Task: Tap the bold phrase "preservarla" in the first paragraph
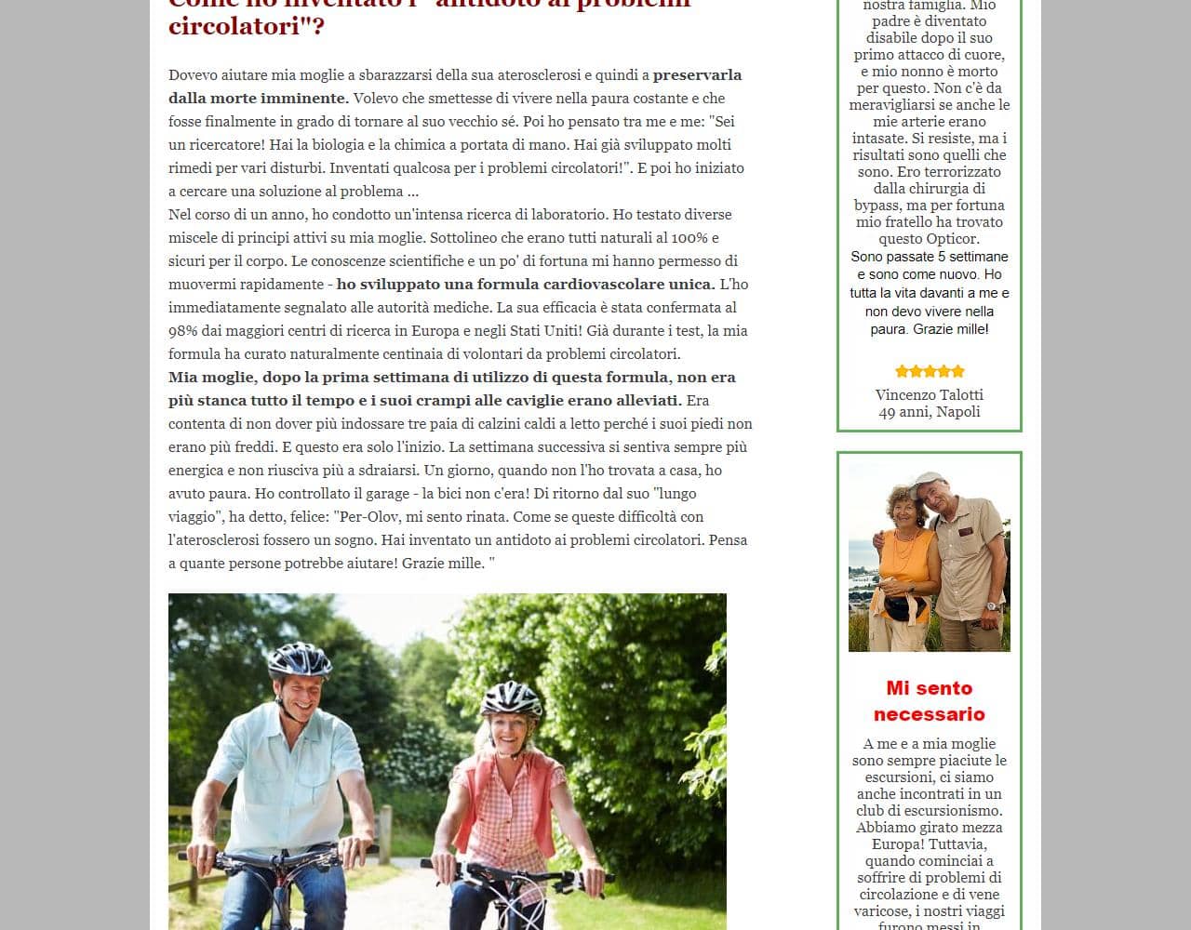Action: tap(697, 74)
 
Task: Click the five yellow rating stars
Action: tap(929, 371)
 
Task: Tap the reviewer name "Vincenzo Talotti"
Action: tap(929, 394)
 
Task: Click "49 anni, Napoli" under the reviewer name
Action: tap(929, 411)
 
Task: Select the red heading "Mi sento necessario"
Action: tap(929, 700)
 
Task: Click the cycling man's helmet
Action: tap(299, 658)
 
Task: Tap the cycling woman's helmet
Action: tap(511, 697)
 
